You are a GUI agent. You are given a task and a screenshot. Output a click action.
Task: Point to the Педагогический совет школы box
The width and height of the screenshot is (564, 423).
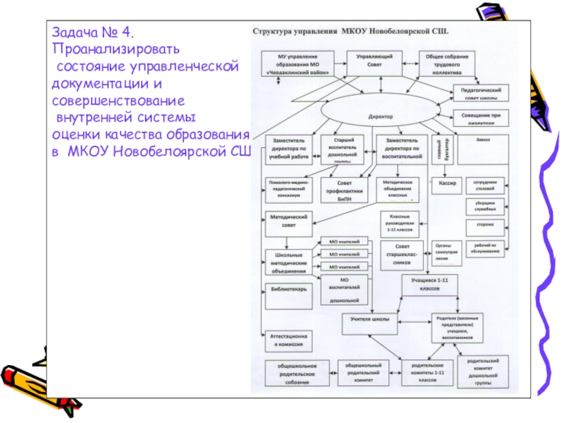tap(481, 94)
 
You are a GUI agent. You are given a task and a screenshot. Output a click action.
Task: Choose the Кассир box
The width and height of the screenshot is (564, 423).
tap(448, 184)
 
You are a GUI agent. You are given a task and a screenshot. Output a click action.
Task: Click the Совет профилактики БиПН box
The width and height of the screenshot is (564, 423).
tap(341, 188)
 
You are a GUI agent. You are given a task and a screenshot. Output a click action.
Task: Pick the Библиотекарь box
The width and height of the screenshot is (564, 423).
tap(288, 289)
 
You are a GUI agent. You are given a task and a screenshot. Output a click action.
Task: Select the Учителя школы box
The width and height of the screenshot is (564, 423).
tap(370, 319)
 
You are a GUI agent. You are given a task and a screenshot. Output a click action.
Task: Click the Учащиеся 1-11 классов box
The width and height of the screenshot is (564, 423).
tap(431, 284)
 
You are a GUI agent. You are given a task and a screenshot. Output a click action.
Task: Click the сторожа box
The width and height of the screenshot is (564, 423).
tap(484, 225)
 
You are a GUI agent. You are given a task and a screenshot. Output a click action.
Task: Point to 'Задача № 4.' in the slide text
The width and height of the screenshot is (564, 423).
tap(92, 34)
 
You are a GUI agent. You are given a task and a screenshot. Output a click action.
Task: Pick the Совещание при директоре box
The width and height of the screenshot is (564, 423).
tap(481, 117)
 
